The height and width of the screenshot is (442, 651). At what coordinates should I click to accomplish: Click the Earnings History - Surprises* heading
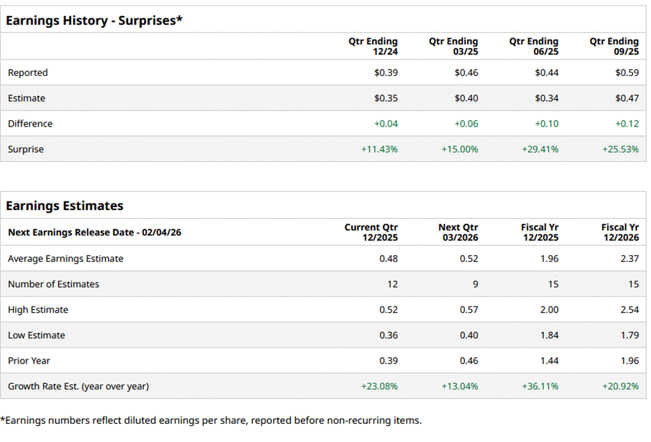click(x=94, y=20)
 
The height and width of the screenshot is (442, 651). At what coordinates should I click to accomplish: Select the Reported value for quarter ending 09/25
click(x=627, y=72)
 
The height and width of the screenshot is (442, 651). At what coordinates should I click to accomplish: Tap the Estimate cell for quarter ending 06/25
click(x=546, y=98)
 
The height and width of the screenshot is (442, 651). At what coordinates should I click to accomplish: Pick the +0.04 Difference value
click(x=386, y=124)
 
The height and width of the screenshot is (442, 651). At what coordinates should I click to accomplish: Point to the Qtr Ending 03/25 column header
click(x=453, y=47)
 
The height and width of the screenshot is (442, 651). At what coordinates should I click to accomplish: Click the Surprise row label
click(x=26, y=149)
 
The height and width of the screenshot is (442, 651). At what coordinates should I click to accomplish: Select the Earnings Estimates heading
click(x=65, y=206)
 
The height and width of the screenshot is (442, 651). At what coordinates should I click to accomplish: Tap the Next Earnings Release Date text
click(x=95, y=232)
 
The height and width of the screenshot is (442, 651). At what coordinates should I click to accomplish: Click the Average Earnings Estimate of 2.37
click(x=629, y=259)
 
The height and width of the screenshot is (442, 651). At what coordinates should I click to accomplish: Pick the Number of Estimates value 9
click(x=474, y=284)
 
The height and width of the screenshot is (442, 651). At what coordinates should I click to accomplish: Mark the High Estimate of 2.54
click(x=629, y=309)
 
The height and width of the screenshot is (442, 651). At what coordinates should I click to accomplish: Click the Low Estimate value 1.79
click(x=629, y=335)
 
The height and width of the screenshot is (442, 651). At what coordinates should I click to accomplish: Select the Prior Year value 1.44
click(x=549, y=361)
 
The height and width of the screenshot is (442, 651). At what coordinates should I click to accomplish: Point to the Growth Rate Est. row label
click(x=78, y=386)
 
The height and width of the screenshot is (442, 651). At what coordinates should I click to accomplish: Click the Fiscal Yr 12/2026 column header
click(x=620, y=232)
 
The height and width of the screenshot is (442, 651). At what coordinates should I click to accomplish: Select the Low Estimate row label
click(x=36, y=335)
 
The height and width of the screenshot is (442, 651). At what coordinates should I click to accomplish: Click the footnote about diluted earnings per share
click(x=211, y=420)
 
